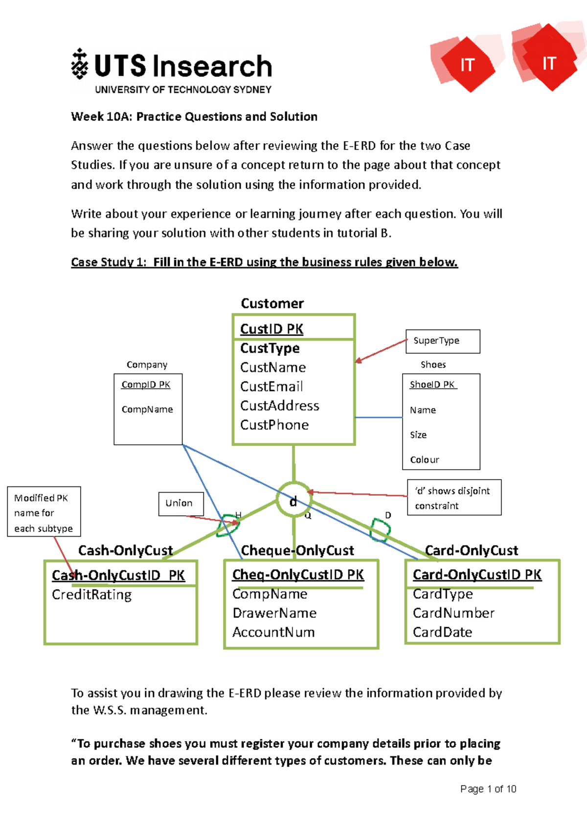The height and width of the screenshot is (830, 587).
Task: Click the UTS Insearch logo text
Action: (x=182, y=66)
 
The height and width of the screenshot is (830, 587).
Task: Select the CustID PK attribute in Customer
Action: (x=271, y=329)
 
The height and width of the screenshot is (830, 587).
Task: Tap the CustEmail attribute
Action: (x=271, y=387)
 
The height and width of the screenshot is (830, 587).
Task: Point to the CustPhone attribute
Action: (x=274, y=425)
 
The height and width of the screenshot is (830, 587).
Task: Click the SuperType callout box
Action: (x=443, y=341)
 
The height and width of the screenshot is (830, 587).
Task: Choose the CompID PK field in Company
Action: (x=146, y=385)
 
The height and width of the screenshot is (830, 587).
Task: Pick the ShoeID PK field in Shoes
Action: (x=432, y=385)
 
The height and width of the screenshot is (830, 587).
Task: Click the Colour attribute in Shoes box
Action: (x=425, y=459)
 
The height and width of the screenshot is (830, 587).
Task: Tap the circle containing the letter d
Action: (x=293, y=500)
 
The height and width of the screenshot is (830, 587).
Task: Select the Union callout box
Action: (x=181, y=503)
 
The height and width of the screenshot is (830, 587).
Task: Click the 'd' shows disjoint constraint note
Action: (x=454, y=498)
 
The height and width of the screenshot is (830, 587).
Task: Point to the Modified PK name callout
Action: (x=44, y=512)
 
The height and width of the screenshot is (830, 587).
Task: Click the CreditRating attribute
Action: (x=92, y=594)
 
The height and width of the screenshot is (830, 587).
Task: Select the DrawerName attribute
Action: (x=274, y=613)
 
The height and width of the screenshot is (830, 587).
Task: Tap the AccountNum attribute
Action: (x=273, y=632)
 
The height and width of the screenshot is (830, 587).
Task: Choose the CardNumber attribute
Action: (x=453, y=613)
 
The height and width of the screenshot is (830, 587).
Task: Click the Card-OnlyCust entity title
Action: (x=471, y=550)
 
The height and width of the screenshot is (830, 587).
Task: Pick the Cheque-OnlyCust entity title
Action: (x=297, y=550)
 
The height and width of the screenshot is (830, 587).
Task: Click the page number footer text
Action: (x=488, y=789)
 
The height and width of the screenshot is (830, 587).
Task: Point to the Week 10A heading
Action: (x=194, y=117)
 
